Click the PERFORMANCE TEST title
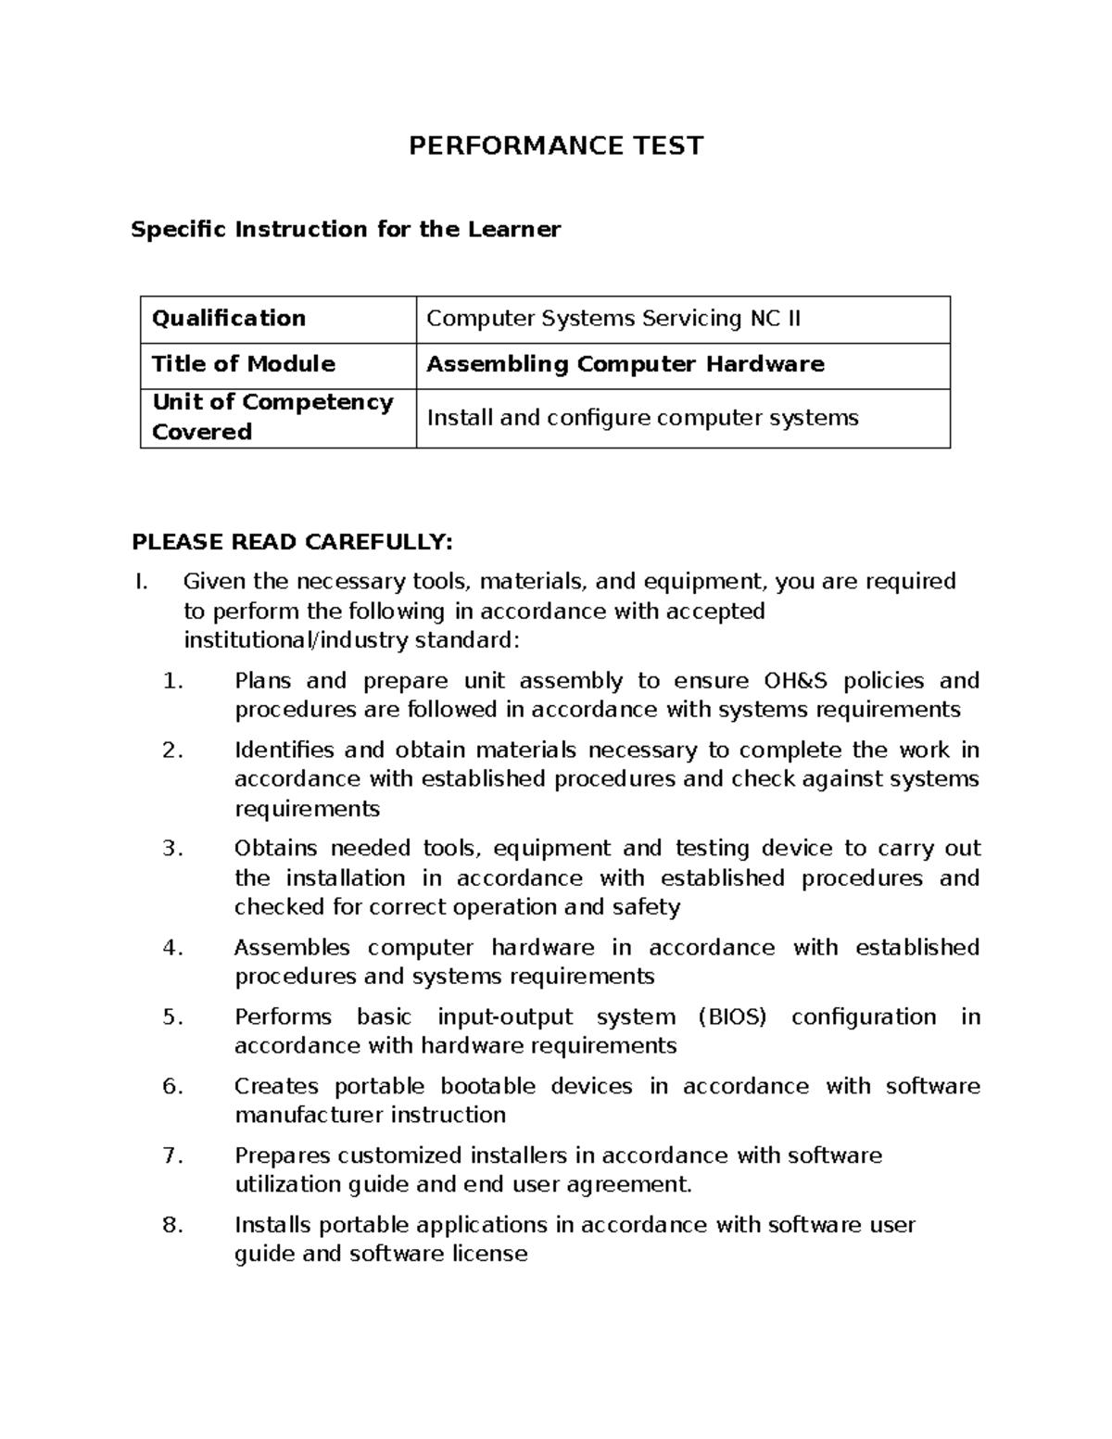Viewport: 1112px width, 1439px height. (556, 145)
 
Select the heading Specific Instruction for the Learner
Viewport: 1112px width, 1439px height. (346, 229)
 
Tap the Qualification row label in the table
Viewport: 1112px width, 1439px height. (228, 319)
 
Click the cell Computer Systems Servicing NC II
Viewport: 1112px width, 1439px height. (613, 319)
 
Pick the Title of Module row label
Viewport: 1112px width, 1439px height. (243, 364)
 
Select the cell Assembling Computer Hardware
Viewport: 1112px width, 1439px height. (625, 364)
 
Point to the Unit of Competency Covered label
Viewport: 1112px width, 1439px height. (272, 417)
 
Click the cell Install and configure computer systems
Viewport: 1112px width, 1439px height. (641, 418)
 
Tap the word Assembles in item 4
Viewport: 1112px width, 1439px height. (292, 948)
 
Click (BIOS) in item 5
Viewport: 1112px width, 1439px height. (731, 1017)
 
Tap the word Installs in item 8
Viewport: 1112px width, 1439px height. (272, 1225)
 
